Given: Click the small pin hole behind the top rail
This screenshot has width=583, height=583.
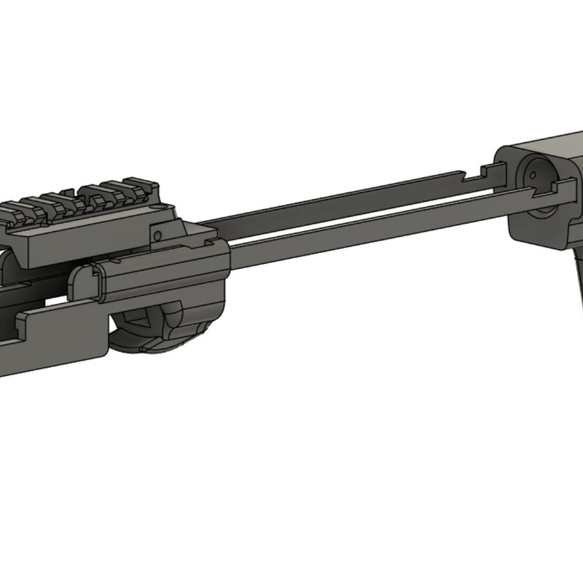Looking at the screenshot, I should click(x=157, y=235).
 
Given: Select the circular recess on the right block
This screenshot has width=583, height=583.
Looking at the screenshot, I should click(x=540, y=179).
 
